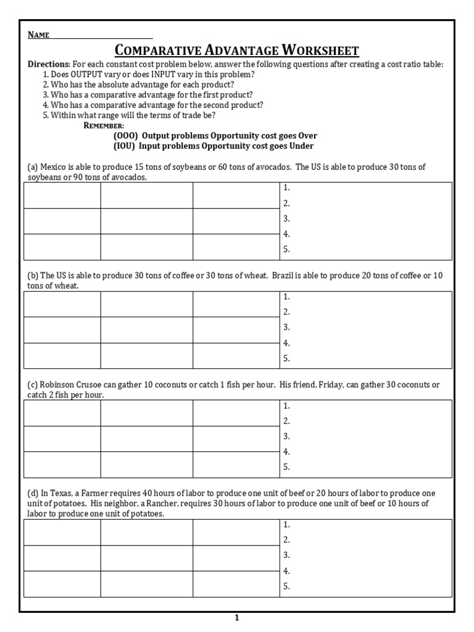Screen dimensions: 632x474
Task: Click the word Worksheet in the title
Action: click(319, 50)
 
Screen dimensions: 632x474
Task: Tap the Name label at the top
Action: click(38, 35)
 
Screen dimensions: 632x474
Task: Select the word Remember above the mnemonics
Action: click(103, 125)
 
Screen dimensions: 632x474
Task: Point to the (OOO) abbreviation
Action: click(125, 136)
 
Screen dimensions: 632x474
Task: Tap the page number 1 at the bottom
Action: click(236, 618)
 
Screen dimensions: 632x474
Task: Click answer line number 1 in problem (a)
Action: click(286, 188)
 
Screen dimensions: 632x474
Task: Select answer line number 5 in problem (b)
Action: click(286, 359)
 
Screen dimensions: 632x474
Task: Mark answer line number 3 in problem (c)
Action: click(286, 436)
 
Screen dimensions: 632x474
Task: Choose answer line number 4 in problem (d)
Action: click(286, 572)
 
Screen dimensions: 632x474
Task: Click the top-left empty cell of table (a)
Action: click(62, 195)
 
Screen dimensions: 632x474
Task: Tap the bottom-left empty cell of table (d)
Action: click(62, 584)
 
